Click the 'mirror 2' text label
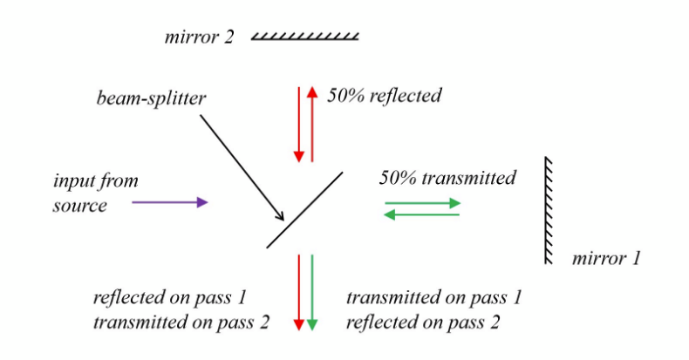(x=199, y=37)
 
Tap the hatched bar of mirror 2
(x=305, y=37)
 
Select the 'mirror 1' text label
(x=605, y=259)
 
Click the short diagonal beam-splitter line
(x=304, y=209)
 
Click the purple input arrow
(x=170, y=202)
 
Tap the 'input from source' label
(x=95, y=193)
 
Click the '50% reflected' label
(x=384, y=95)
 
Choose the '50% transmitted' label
(x=447, y=178)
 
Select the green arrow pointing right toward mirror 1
(x=422, y=202)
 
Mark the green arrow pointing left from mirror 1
(x=422, y=214)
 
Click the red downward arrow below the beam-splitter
(x=298, y=292)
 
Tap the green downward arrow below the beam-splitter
(x=312, y=292)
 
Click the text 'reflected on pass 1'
(x=169, y=297)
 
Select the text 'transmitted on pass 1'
(x=433, y=297)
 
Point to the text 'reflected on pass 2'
(x=423, y=322)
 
